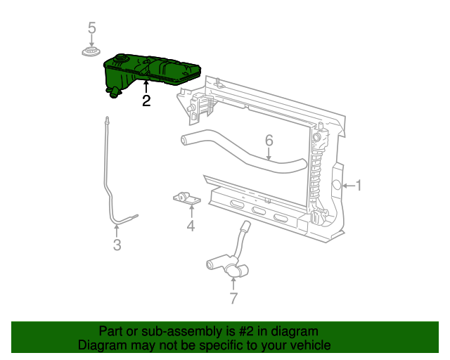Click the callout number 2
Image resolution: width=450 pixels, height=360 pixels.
146,101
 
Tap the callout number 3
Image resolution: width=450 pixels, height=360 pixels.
117,245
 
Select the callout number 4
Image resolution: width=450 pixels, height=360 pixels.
190,226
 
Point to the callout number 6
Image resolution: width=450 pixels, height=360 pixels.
269,141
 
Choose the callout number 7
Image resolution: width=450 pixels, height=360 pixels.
233,298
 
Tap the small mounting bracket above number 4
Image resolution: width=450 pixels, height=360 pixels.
187,199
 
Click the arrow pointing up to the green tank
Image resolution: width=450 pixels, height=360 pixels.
146,87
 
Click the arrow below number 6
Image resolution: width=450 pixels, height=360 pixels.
269,154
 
